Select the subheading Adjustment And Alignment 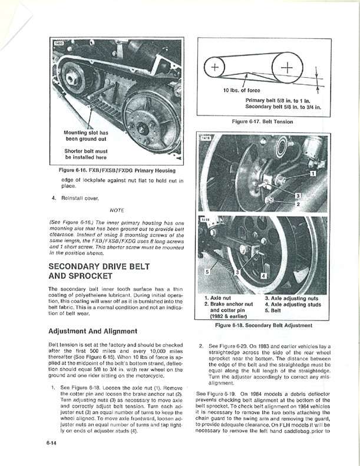93,331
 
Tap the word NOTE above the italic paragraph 118,209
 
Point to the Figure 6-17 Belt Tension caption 262,121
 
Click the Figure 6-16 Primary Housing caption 117,170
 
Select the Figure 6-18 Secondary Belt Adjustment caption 262,325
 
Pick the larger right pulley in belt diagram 288,68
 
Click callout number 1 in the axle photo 313,174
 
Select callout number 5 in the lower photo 207,272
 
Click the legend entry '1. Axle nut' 220,298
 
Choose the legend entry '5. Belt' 275,311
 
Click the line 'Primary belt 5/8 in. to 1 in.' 278,100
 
